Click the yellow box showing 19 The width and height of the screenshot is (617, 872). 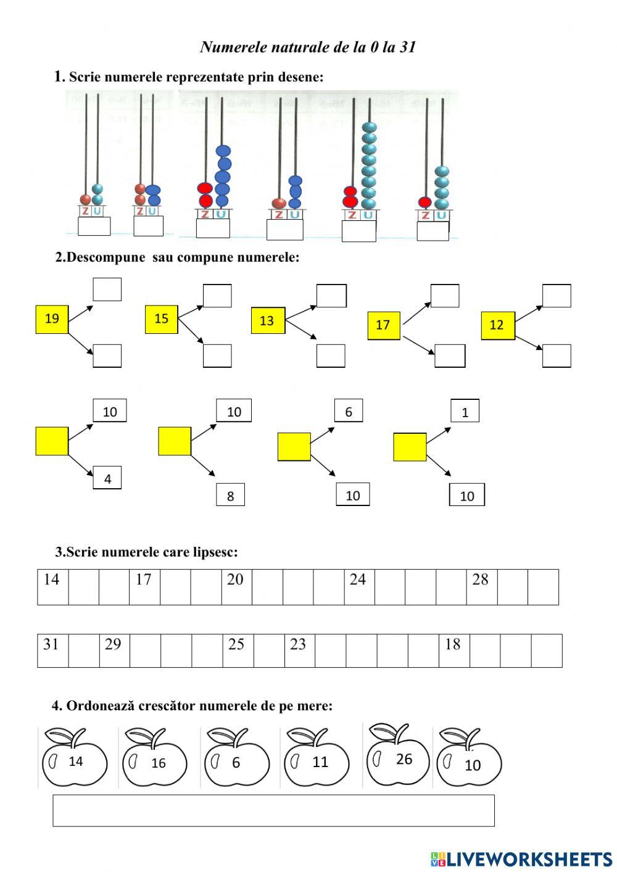click(52, 318)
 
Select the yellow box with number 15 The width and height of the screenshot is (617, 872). click(161, 318)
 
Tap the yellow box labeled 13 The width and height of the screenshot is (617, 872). click(268, 320)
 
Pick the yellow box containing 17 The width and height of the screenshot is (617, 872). click(383, 325)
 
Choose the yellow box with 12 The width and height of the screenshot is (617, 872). click(497, 325)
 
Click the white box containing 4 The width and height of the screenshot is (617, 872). click(107, 478)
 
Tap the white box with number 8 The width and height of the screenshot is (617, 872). click(230, 496)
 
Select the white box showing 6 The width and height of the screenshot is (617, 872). click(349, 412)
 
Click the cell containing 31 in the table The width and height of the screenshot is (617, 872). click(52, 650)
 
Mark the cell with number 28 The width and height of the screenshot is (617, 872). click(481, 586)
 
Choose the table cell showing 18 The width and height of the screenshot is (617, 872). click(454, 650)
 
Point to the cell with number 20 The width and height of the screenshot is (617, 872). click(236, 586)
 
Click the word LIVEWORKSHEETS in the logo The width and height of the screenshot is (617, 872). click(529, 858)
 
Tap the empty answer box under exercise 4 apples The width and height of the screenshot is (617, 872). click(273, 810)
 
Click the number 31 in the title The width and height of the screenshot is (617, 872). click(407, 47)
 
